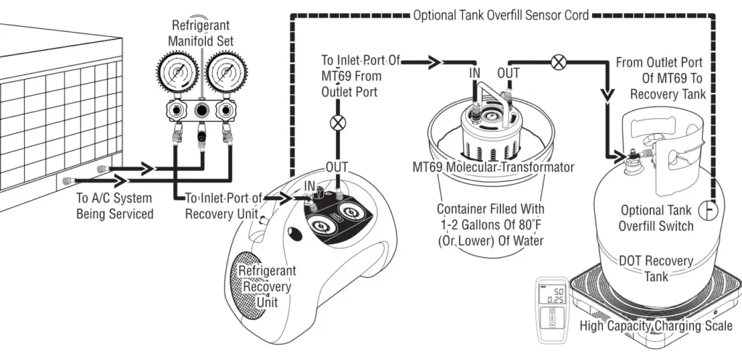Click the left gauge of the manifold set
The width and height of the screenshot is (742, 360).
coord(175,75)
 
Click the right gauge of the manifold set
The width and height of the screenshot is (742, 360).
coord(225,75)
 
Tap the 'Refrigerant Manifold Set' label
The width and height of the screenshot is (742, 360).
coord(201,33)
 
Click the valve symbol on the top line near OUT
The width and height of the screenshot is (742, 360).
coord(558,62)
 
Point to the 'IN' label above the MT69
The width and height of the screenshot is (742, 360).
coord(475,73)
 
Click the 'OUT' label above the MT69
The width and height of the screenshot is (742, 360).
coord(508,73)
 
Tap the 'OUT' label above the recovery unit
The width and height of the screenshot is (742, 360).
coord(337,167)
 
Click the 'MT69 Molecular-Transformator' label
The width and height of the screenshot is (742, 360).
coord(493,168)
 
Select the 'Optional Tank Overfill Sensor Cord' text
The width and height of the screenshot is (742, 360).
coord(500,14)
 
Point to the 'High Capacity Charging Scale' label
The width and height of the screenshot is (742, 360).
coord(656,326)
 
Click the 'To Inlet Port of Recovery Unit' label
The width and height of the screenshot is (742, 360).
coord(220,205)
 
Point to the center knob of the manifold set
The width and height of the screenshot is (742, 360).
coord(201,111)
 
